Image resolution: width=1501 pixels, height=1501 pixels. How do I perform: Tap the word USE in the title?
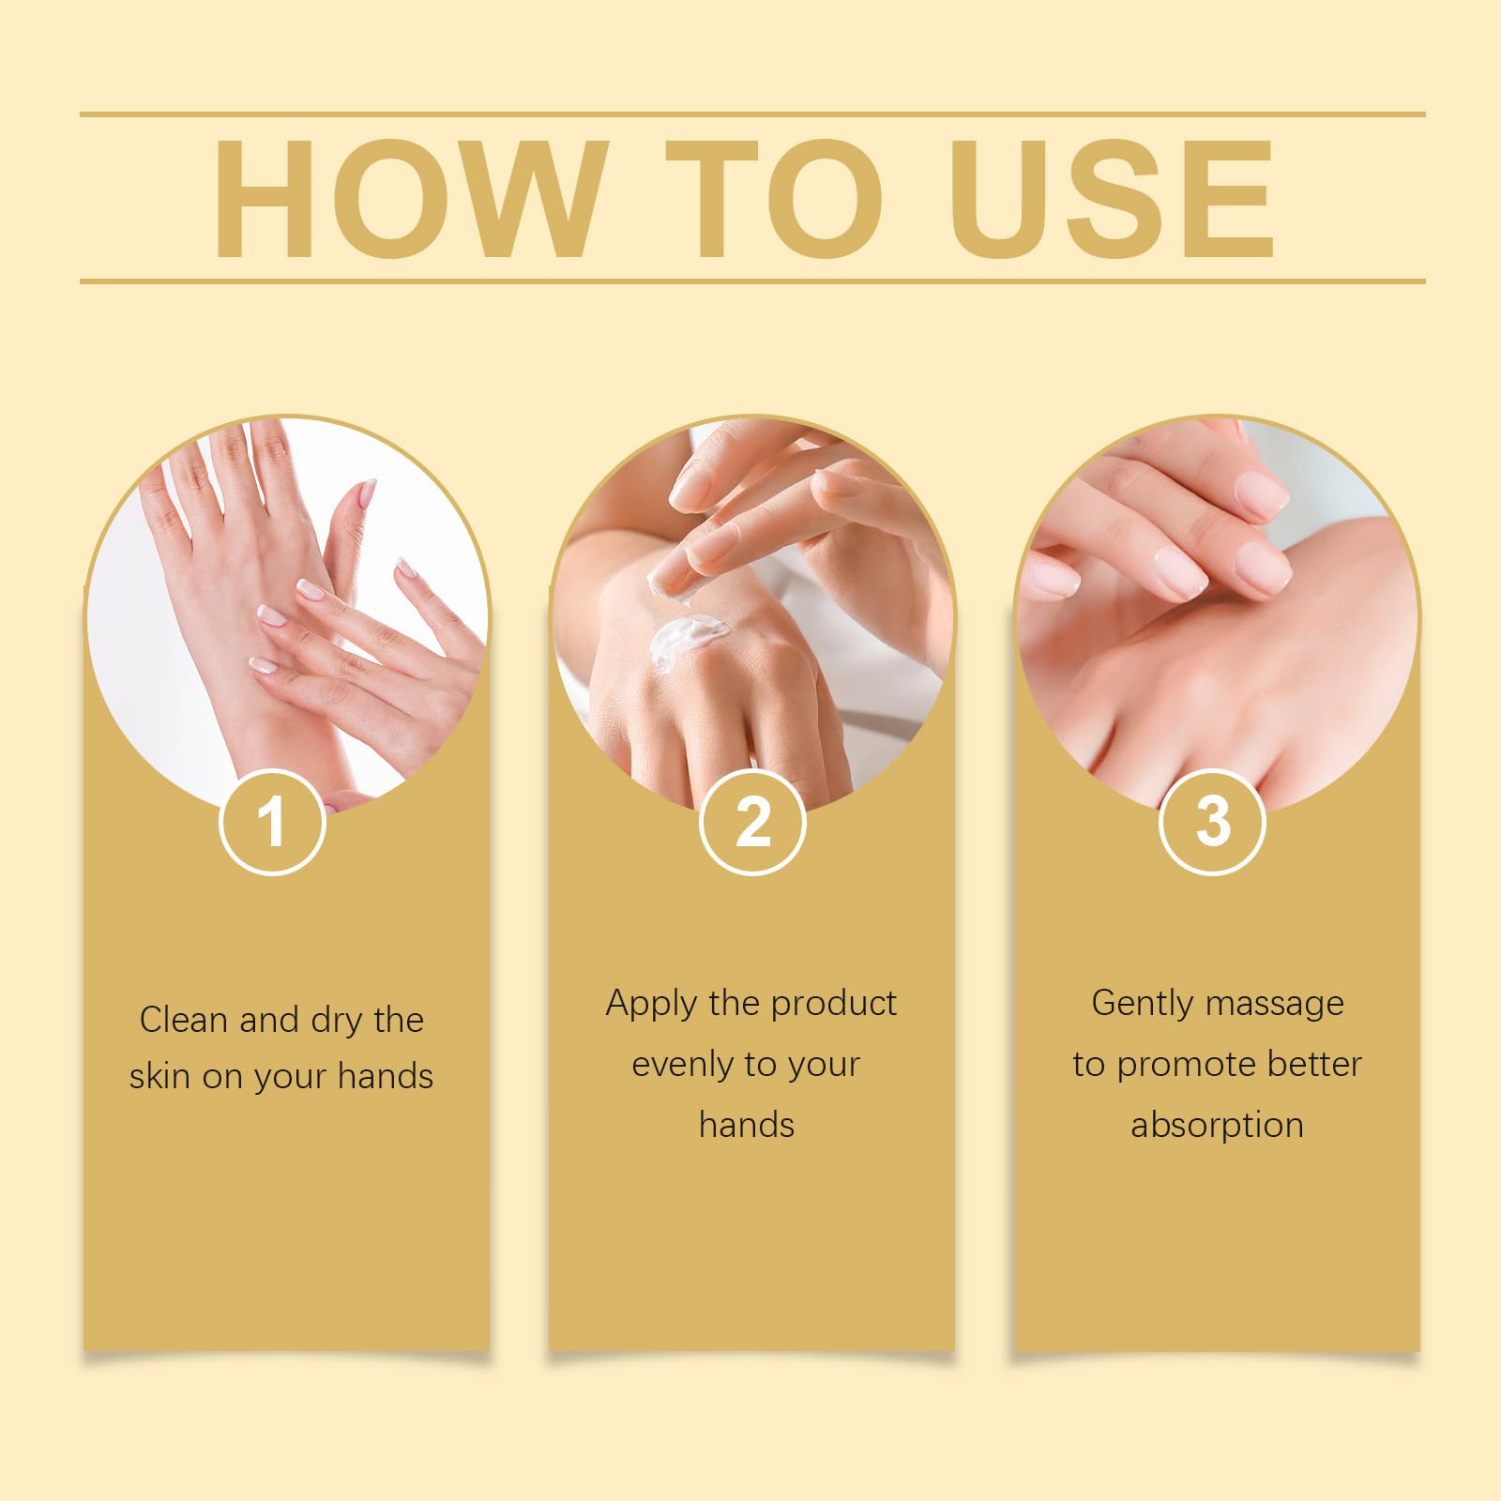tap(1113, 198)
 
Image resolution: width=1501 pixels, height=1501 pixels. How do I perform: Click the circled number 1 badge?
tap(273, 822)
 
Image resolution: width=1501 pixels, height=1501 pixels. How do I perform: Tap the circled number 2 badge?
tap(752, 822)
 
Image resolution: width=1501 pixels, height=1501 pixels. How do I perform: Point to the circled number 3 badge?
tap(1212, 822)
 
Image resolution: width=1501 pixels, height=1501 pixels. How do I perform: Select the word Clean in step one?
tap(185, 1020)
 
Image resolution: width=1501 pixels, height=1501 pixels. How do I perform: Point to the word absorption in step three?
tap(1217, 1125)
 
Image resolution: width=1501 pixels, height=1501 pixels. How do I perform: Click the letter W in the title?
tap(515, 198)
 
